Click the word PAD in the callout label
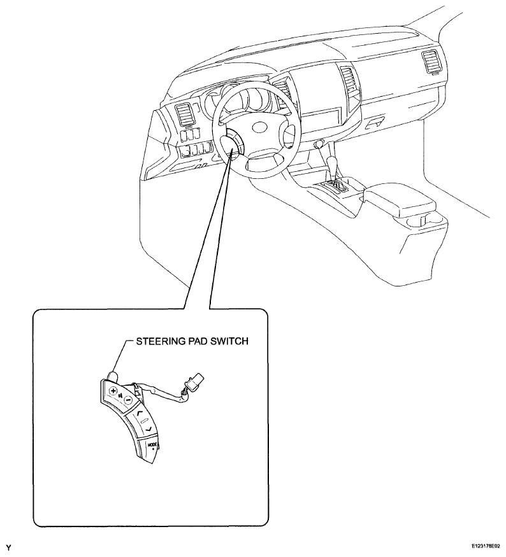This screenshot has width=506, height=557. pos(189,341)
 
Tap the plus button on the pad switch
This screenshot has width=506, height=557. pos(113,391)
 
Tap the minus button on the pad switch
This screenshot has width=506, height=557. pos(128,400)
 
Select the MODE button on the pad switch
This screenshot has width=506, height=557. pos(152,446)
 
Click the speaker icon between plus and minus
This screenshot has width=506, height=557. pos(121,395)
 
